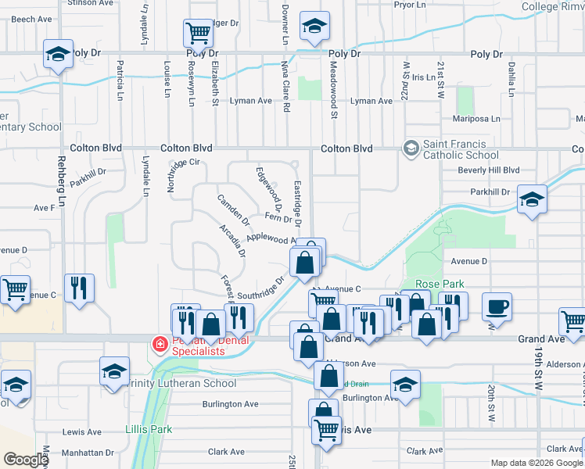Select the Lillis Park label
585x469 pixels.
tap(148, 429)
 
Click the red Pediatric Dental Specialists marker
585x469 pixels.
tap(160, 343)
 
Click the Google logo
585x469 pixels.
tap(26, 460)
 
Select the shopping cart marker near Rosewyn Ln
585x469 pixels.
tap(199, 33)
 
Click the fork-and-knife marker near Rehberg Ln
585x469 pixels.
tap(79, 287)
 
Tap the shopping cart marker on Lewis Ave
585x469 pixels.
tap(326, 430)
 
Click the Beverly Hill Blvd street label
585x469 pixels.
tap(489, 170)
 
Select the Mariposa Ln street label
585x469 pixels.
tap(476, 119)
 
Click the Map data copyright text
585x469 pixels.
tap(519, 463)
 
